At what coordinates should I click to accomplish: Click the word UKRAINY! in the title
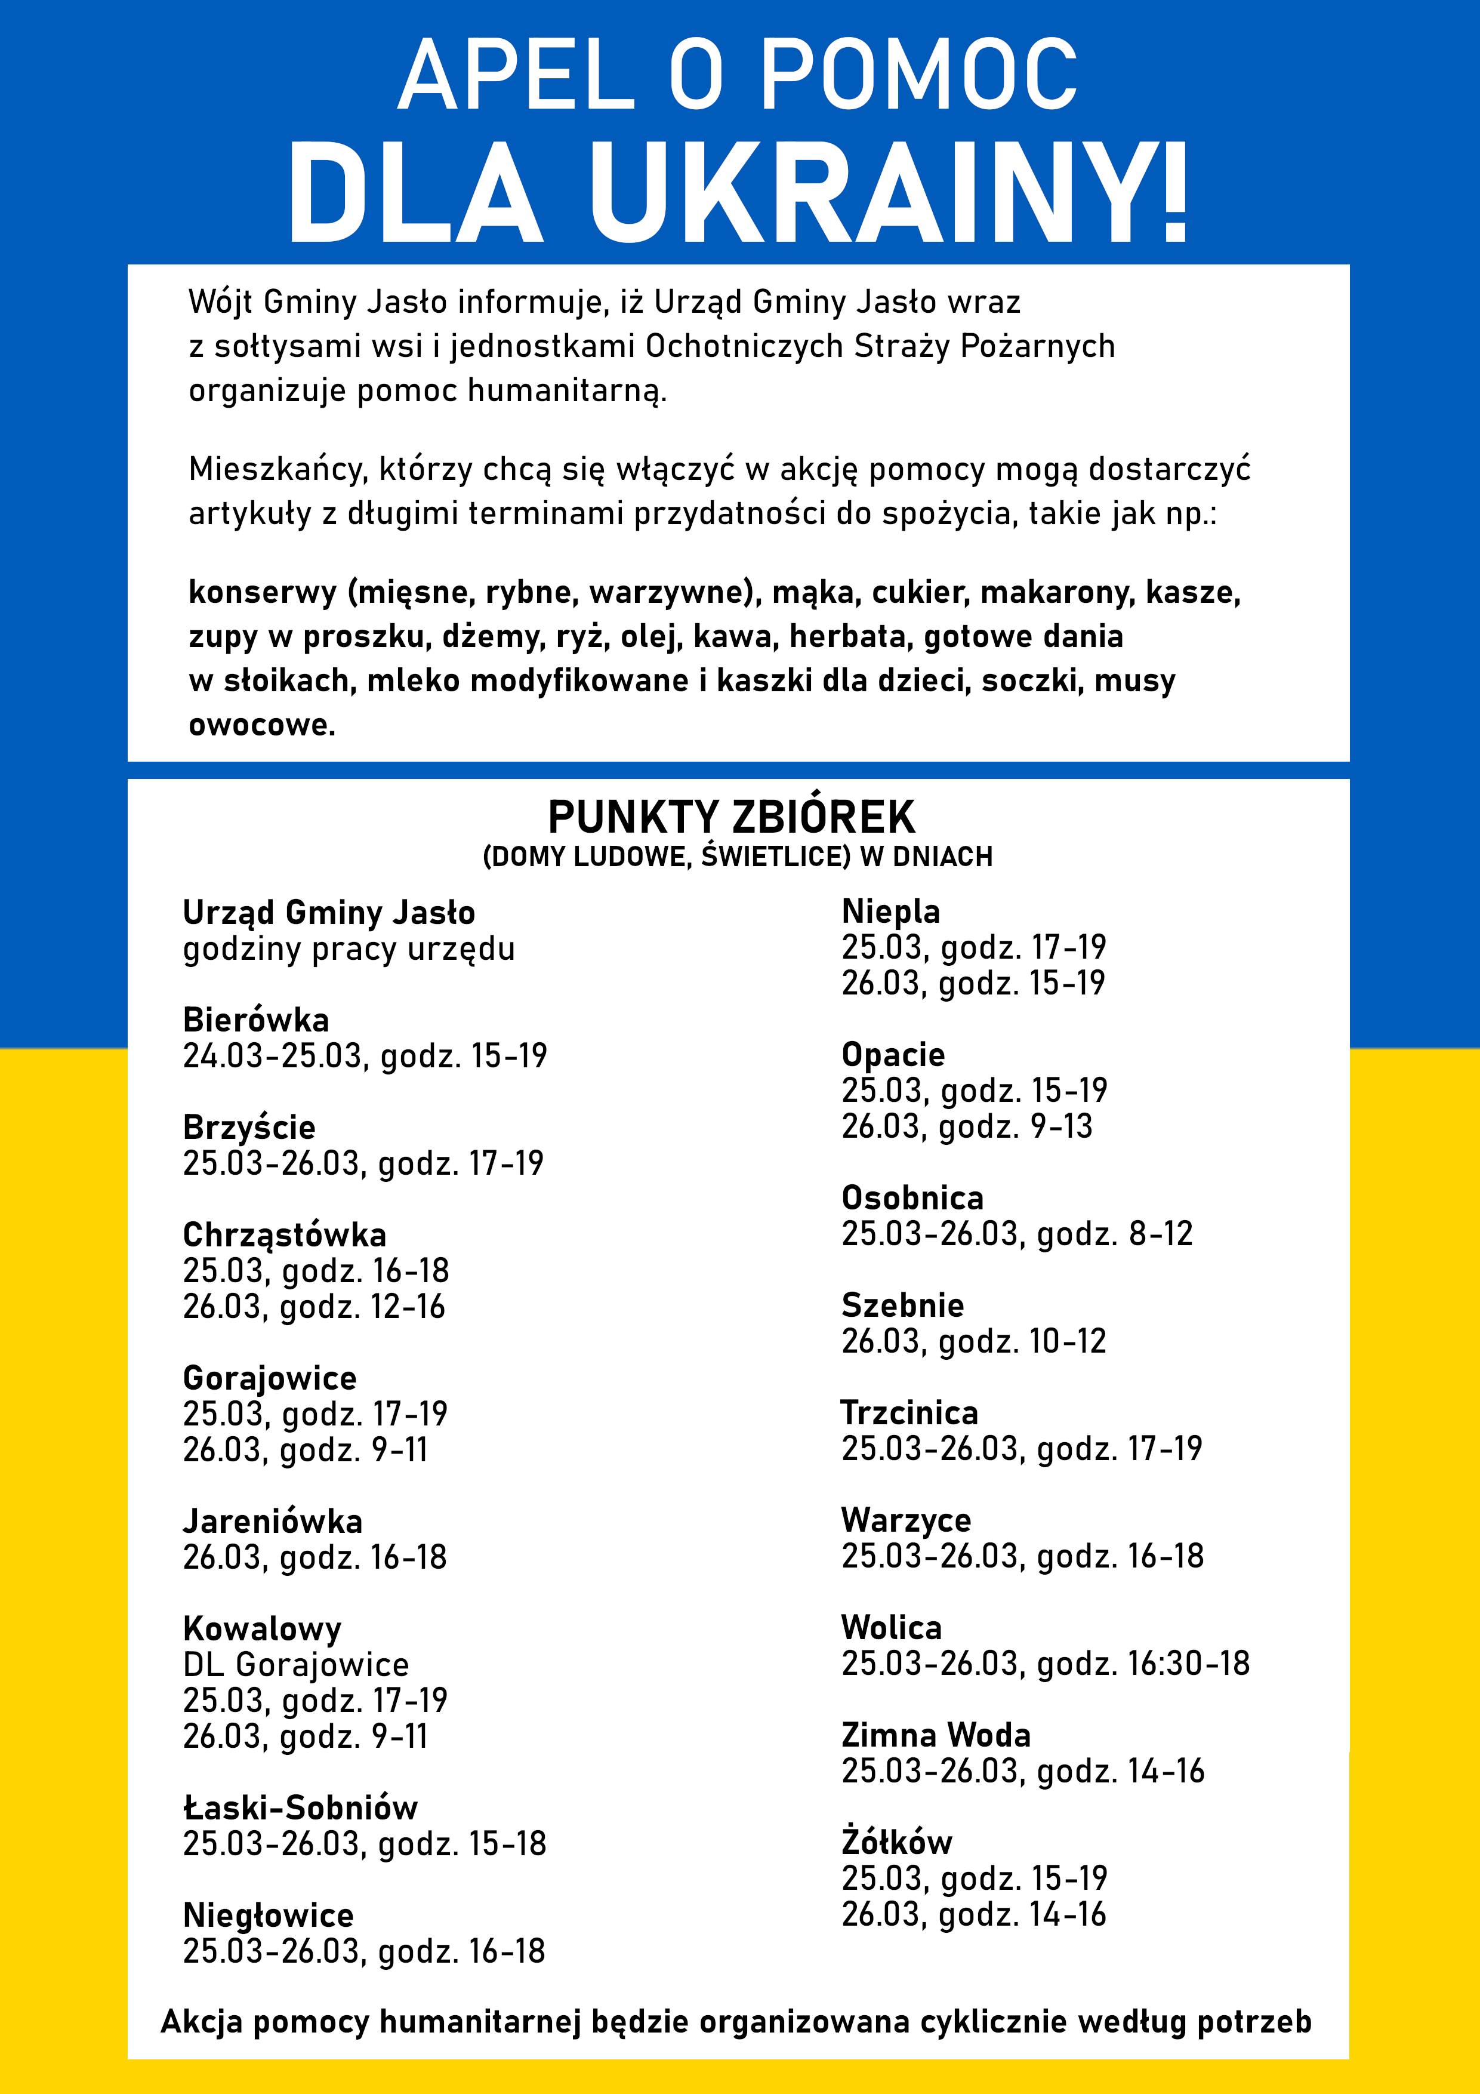click(889, 193)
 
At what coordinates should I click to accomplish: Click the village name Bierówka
click(256, 1020)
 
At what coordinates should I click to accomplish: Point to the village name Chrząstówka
click(285, 1235)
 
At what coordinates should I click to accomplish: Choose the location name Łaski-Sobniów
click(300, 1807)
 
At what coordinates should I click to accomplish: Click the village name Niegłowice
click(268, 1916)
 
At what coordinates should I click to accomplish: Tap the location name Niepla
click(891, 911)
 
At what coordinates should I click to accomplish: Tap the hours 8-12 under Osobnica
click(1161, 1234)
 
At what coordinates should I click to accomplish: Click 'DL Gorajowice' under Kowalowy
click(295, 1664)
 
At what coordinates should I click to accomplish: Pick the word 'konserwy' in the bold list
click(263, 593)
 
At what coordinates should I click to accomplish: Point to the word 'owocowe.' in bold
click(262, 725)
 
